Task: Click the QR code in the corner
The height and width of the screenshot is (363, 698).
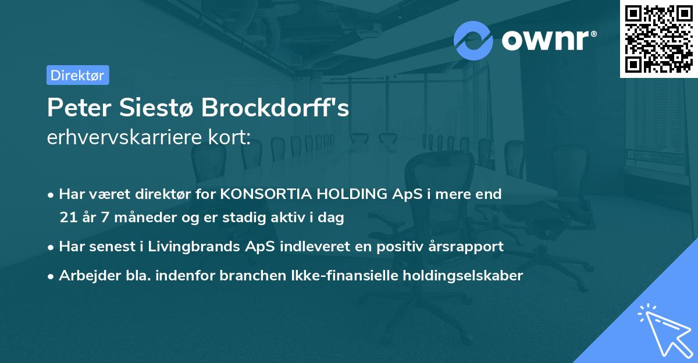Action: pyautogui.click(x=658, y=39)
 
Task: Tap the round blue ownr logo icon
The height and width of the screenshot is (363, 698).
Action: pyautogui.click(x=473, y=41)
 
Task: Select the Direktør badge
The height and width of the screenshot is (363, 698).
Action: pyautogui.click(x=77, y=75)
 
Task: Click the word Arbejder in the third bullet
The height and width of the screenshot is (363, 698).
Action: pyautogui.click(x=86, y=276)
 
